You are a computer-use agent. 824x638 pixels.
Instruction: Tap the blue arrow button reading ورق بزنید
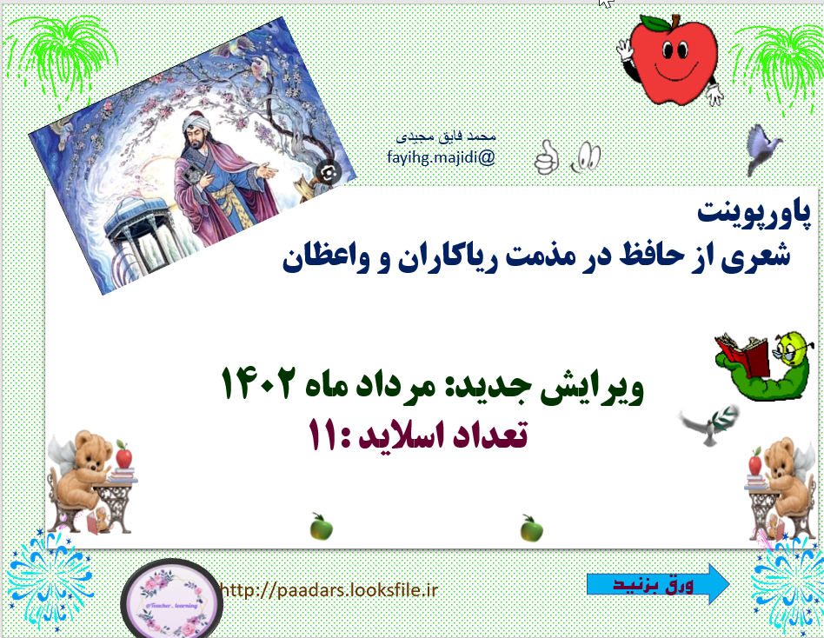pos(659,583)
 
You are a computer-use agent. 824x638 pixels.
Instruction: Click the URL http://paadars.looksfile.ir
pos(329,590)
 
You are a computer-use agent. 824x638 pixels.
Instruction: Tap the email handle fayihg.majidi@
pos(441,157)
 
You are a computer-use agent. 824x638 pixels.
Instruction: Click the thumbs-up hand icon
pos(545,156)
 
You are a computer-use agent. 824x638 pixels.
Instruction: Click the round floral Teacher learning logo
pos(170,599)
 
